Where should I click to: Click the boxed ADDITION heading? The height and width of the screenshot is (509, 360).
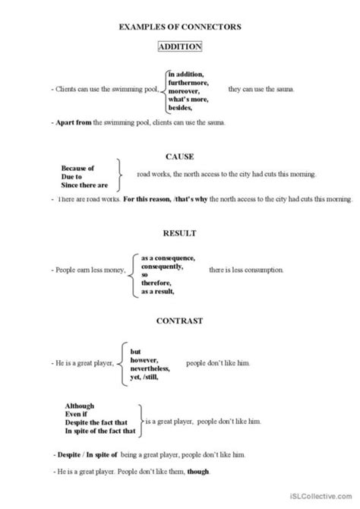click(x=180, y=47)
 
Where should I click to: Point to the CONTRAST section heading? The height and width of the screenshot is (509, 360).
click(x=180, y=321)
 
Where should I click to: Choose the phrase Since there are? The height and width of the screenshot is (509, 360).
click(x=83, y=185)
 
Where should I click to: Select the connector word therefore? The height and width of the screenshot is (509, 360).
click(x=156, y=283)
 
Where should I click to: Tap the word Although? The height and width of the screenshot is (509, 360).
click(x=79, y=405)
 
